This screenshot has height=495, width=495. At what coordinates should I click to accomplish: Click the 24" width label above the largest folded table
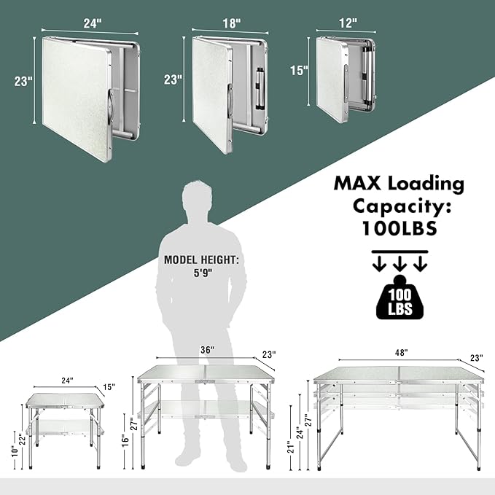93,23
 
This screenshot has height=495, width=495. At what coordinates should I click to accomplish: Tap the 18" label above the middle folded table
232,23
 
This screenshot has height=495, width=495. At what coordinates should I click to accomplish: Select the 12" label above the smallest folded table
348,23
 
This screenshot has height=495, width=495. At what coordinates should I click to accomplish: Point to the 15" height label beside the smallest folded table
299,70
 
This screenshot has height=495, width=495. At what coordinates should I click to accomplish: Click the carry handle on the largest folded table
111,107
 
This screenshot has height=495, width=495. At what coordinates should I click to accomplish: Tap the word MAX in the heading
357,183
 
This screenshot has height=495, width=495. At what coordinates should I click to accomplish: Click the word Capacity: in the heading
402,206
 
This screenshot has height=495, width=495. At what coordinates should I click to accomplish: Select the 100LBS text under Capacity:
399,228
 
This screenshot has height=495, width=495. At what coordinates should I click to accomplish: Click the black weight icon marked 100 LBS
399,297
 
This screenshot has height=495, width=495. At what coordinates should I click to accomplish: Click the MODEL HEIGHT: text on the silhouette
201,260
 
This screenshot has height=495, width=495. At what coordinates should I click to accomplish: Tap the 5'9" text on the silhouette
203,273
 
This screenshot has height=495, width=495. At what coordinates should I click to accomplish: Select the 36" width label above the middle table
208,350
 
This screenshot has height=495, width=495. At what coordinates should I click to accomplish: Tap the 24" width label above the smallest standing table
67,381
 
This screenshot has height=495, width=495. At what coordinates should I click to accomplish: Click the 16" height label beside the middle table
125,441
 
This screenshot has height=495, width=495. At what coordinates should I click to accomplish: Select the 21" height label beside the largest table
291,447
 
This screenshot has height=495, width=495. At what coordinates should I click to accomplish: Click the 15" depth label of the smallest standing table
109,386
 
